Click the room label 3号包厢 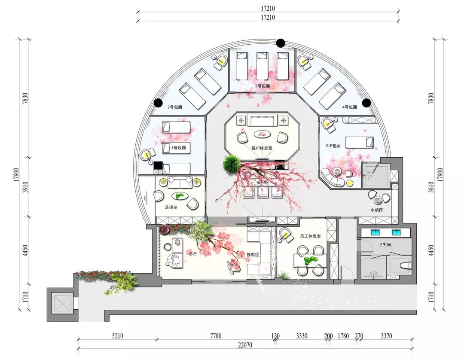point(263,86)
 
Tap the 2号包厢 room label point(175,107)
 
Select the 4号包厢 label point(349,107)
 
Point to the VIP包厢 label point(333,146)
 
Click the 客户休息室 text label point(262,148)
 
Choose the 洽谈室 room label point(171,207)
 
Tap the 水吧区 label point(377,211)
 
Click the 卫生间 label point(385,244)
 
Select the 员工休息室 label point(311,236)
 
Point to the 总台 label point(192,253)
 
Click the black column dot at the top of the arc point(281,43)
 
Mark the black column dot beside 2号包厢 point(158,103)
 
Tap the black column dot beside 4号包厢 point(366,103)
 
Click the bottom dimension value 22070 point(245,345)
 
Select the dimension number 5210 point(117,336)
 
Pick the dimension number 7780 point(216,336)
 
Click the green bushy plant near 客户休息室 point(232,164)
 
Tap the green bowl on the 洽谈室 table point(179,196)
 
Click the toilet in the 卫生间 point(406,265)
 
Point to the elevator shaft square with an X point(62,303)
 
